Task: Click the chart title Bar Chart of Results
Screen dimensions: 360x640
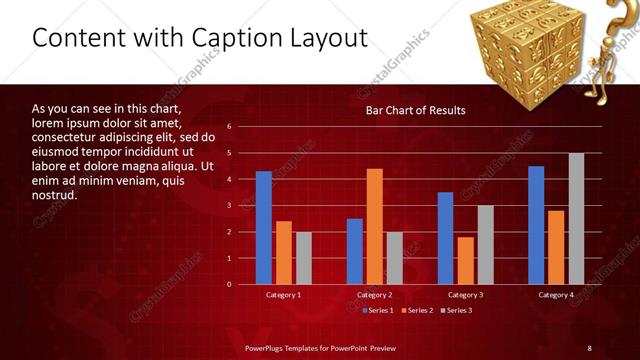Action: tap(415, 110)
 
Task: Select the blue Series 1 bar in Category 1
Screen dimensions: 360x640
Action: tap(263, 228)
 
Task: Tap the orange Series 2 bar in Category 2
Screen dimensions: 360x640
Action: tap(374, 226)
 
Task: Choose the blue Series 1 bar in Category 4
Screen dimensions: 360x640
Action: tap(536, 225)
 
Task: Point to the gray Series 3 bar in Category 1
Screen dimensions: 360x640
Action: tap(303, 258)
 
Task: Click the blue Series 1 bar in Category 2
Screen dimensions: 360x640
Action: tap(354, 251)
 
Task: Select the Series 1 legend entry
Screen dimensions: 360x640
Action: tap(376, 311)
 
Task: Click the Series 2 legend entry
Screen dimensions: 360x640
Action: tap(415, 311)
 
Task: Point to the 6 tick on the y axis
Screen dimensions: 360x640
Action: tap(229, 127)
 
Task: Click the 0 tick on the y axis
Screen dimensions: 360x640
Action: tap(229, 284)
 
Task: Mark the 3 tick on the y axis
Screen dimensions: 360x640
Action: tap(229, 206)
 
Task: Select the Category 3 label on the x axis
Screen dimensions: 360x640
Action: tap(466, 295)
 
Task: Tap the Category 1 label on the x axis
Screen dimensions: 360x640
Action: tap(283, 295)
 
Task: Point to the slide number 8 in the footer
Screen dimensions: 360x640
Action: tap(589, 347)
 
